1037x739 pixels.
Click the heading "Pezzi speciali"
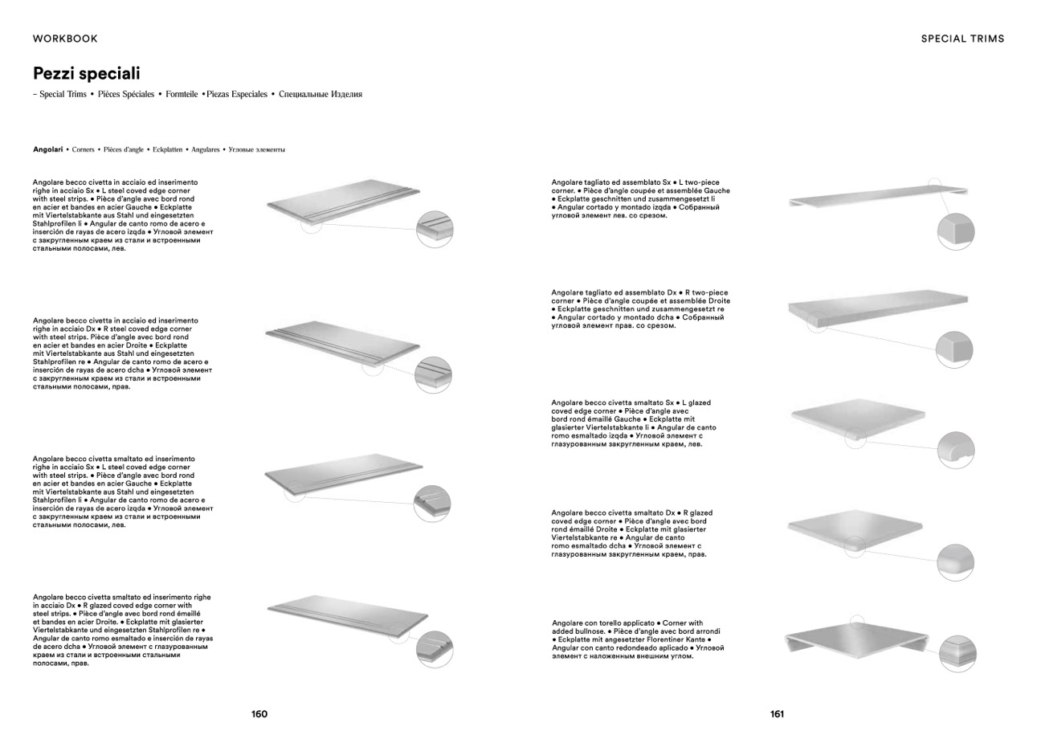point(86,74)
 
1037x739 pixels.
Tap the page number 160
point(259,714)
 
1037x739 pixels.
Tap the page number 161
point(777,714)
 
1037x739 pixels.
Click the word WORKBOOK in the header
point(65,39)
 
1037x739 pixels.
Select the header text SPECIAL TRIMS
point(962,39)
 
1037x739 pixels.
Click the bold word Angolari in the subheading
point(47,149)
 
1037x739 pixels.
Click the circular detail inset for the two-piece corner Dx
point(955,349)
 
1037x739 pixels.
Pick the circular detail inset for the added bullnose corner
point(957,652)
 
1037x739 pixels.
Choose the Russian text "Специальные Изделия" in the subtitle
point(320,95)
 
